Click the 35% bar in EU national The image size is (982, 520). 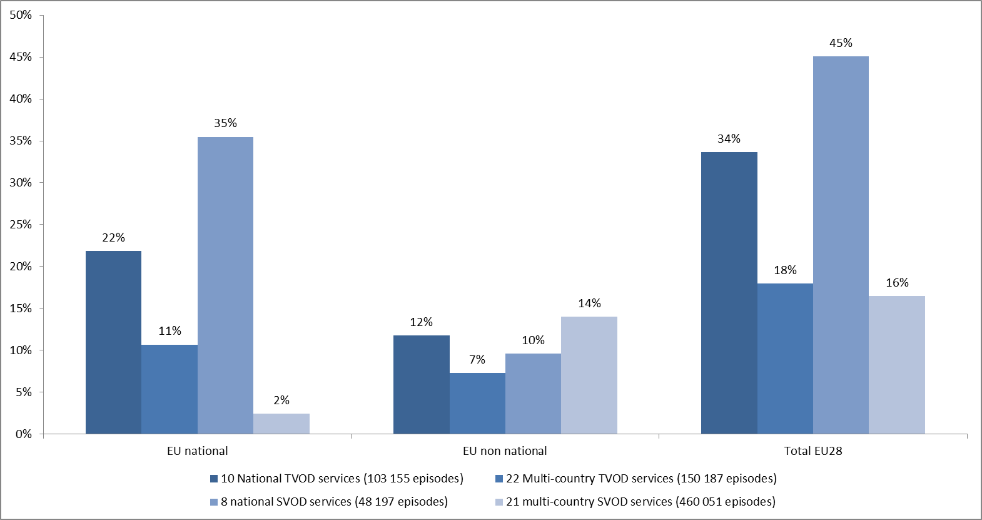coord(225,285)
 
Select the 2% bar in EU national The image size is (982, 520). coord(281,424)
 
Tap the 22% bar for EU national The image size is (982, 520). coord(113,342)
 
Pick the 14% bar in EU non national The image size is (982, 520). coord(589,375)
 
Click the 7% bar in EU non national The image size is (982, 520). coord(477,404)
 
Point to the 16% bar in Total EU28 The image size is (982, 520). coord(897,365)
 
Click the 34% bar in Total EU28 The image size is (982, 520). coord(729,293)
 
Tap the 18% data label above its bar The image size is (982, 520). coord(785,270)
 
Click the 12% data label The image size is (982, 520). coord(421,322)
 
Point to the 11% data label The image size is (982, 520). coord(170,331)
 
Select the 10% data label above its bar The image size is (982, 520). coord(533,340)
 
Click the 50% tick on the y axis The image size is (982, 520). coord(21,15)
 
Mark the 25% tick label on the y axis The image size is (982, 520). coord(21,225)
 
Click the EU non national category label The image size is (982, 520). coord(505,451)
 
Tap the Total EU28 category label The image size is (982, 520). coord(813,451)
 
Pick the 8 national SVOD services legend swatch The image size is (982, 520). coord(214,502)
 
